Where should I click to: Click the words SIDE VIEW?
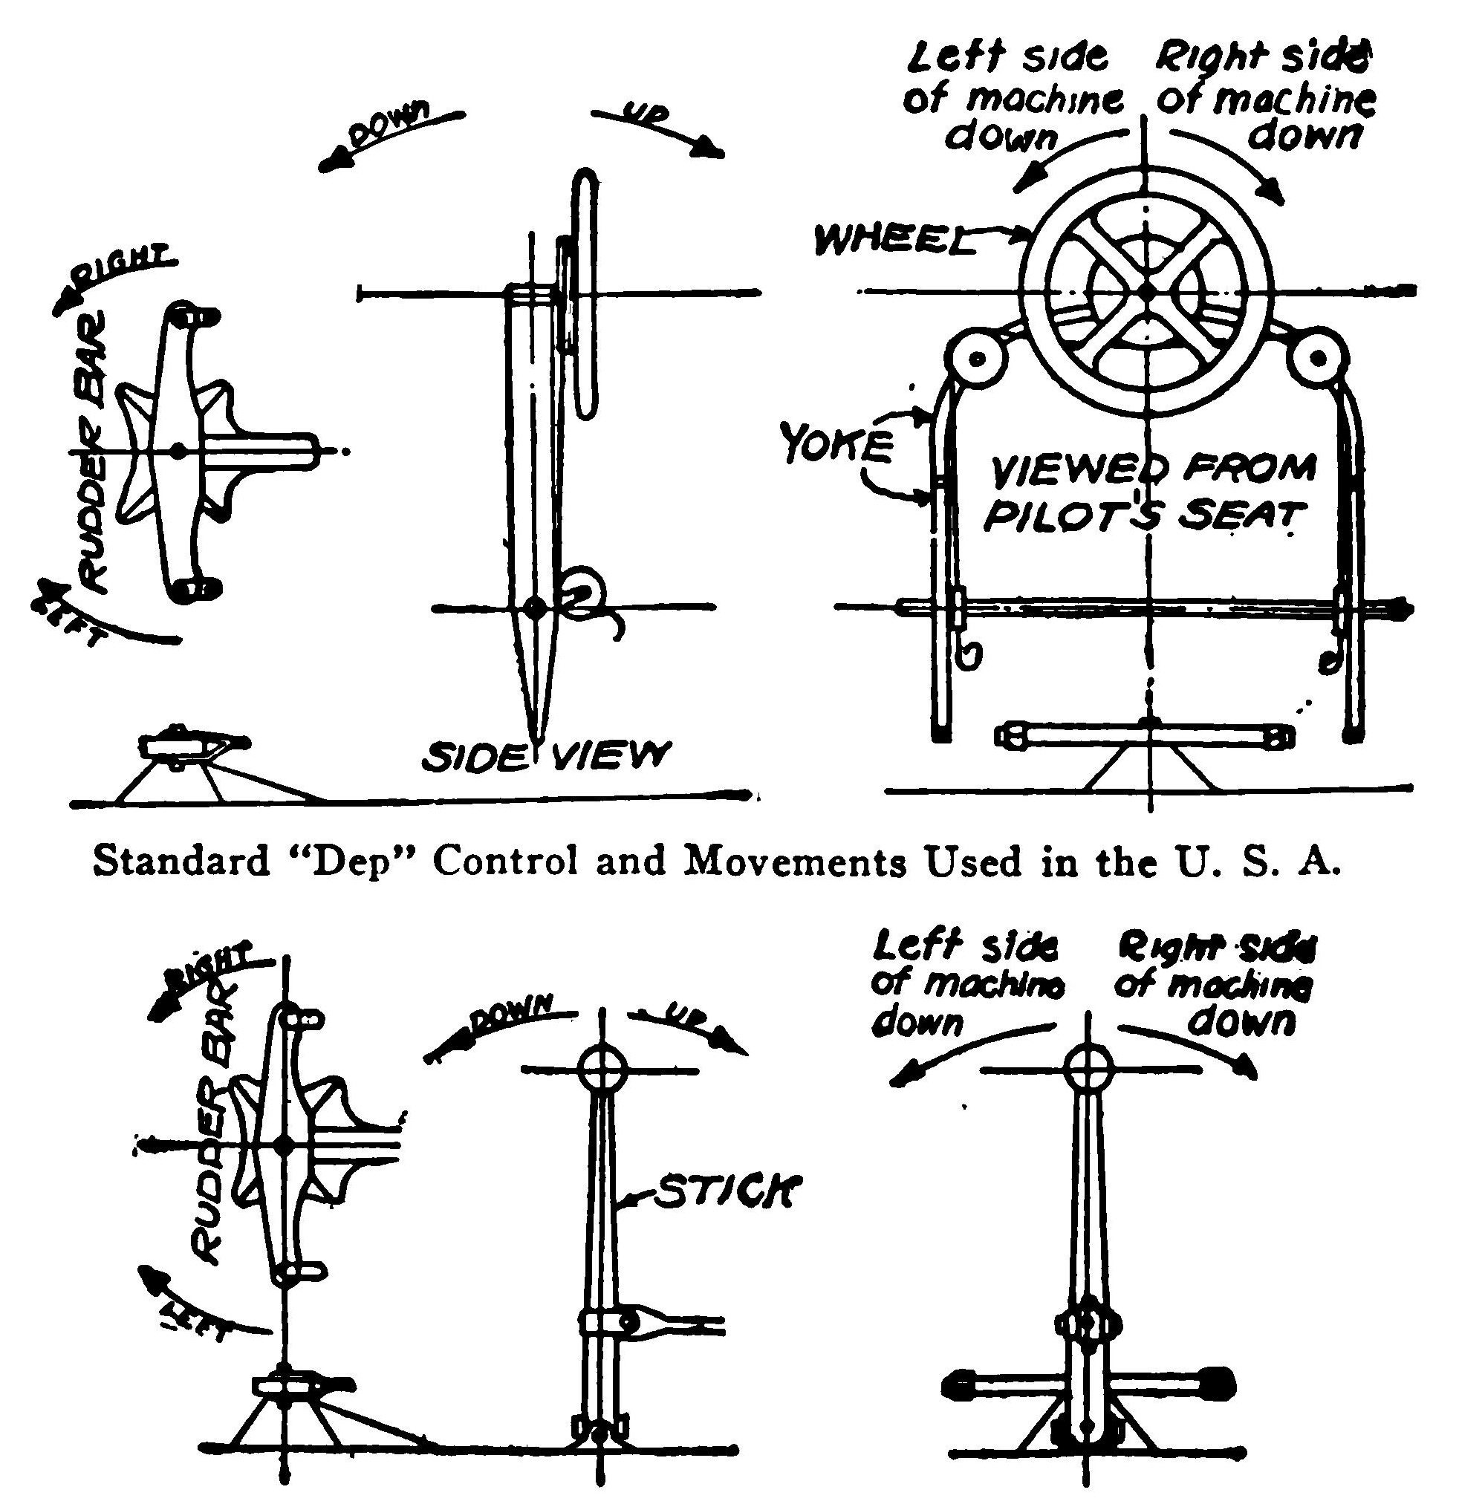click(545, 756)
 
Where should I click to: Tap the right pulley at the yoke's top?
click(1319, 358)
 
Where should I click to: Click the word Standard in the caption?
click(181, 861)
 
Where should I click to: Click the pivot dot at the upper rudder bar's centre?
click(178, 452)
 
